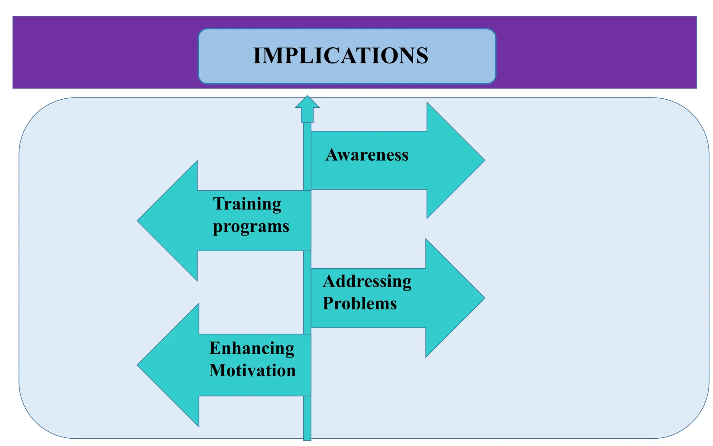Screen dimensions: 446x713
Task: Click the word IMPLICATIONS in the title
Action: [x=340, y=56]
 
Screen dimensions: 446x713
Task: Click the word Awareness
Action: [x=367, y=155]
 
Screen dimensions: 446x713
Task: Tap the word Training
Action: [x=247, y=204]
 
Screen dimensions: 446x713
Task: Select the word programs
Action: [x=251, y=226]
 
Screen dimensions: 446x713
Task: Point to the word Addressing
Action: [x=367, y=281]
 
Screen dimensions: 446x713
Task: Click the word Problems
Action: [x=360, y=303]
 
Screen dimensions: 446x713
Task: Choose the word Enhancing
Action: [x=252, y=348]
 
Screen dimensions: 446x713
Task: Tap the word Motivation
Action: [x=252, y=370]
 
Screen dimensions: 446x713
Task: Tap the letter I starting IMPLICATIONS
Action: [x=257, y=56]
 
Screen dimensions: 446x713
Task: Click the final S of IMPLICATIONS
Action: [x=422, y=56]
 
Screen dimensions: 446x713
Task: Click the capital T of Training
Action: [x=219, y=204]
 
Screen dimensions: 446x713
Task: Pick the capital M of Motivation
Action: [x=218, y=370]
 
